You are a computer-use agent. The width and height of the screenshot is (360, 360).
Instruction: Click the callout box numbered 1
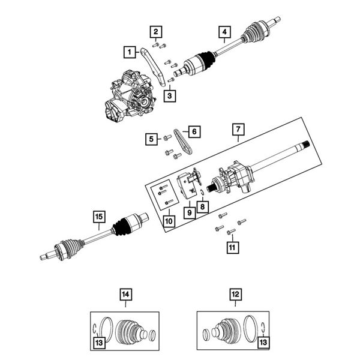click(130, 52)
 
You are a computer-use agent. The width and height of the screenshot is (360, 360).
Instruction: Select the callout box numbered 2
click(156, 32)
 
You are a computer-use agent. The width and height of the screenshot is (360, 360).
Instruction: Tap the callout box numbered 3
click(170, 96)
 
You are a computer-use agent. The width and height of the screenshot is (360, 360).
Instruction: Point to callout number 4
click(224, 32)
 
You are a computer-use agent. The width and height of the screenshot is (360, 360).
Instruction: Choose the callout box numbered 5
click(151, 139)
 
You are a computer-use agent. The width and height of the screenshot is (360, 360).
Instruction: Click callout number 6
click(194, 132)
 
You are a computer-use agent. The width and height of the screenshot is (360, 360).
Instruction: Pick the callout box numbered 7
click(238, 130)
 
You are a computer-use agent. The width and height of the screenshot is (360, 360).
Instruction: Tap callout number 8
click(203, 207)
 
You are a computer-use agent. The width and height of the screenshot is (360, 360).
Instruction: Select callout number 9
click(190, 213)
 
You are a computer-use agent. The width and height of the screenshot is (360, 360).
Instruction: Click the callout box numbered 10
click(169, 221)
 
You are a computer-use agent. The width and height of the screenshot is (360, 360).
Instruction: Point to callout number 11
click(232, 248)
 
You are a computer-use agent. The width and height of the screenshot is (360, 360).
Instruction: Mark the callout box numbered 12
click(236, 295)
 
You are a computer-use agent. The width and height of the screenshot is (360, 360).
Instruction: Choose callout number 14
click(126, 295)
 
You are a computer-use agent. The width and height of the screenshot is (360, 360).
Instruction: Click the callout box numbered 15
click(99, 217)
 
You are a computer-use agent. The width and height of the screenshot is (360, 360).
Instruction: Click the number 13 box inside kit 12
click(263, 343)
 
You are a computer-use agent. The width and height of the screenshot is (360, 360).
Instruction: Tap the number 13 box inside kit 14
click(99, 343)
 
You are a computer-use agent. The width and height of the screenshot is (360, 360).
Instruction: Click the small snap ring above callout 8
click(202, 193)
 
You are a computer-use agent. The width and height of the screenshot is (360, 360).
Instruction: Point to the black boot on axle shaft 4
click(206, 59)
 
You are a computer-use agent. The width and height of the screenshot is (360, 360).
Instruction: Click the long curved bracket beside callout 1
click(154, 67)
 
